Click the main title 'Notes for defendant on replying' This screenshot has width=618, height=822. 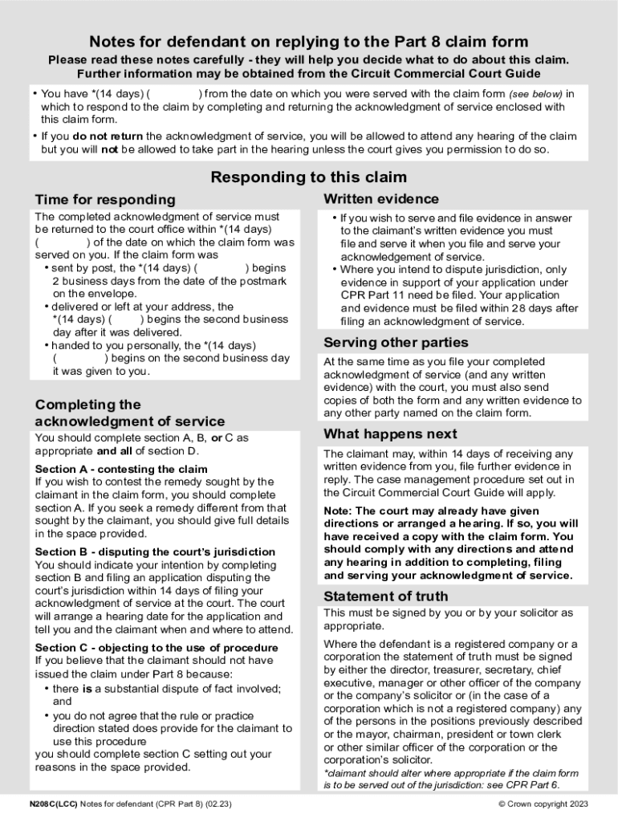point(308,42)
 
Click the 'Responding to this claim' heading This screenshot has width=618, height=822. point(308,177)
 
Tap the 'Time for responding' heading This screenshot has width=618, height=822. point(104,199)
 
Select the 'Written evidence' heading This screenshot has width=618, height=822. point(380,198)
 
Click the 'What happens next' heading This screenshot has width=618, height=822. point(390,433)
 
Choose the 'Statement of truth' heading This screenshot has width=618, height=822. point(385,596)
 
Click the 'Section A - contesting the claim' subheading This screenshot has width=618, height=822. point(121,469)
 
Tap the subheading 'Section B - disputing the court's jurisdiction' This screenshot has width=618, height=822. point(155,551)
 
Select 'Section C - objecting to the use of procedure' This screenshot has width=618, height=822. point(157,648)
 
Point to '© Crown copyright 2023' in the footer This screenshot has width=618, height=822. point(543,804)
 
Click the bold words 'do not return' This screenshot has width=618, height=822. point(107,136)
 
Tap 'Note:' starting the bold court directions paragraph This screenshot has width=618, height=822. point(337,511)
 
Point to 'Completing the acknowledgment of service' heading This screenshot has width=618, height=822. point(129,413)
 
